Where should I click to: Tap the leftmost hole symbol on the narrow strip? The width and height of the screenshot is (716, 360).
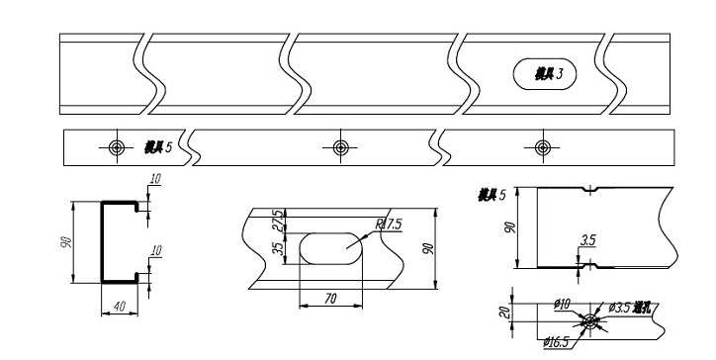117,147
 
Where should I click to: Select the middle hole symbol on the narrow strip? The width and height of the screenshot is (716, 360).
341,147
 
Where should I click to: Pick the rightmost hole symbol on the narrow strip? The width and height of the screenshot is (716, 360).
542,147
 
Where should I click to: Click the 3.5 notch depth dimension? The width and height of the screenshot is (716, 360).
588,240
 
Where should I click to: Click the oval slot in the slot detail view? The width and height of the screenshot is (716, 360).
330,247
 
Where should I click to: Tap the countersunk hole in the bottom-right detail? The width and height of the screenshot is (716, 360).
590,320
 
